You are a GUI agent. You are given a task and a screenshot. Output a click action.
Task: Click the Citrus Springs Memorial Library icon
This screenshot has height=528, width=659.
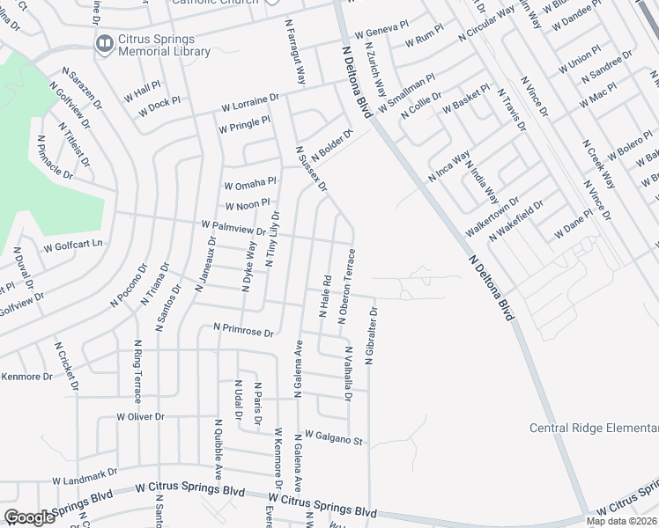(x=104, y=42)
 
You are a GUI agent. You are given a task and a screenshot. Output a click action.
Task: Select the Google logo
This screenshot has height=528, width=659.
(x=28, y=517)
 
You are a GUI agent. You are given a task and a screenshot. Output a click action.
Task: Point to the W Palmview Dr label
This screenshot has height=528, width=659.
(x=233, y=229)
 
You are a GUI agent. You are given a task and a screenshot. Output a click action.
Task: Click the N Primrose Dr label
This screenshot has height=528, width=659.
(x=244, y=328)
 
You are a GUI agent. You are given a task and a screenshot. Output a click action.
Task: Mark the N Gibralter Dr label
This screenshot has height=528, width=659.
(x=374, y=330)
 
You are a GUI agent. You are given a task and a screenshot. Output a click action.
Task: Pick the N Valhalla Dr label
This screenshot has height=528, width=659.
(x=347, y=374)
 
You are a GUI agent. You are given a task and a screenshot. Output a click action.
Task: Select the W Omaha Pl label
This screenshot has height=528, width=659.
(x=250, y=185)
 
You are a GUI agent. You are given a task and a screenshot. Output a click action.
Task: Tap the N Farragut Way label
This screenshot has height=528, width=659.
(x=294, y=52)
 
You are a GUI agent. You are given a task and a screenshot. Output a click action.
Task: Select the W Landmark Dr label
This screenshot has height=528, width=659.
(x=84, y=478)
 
